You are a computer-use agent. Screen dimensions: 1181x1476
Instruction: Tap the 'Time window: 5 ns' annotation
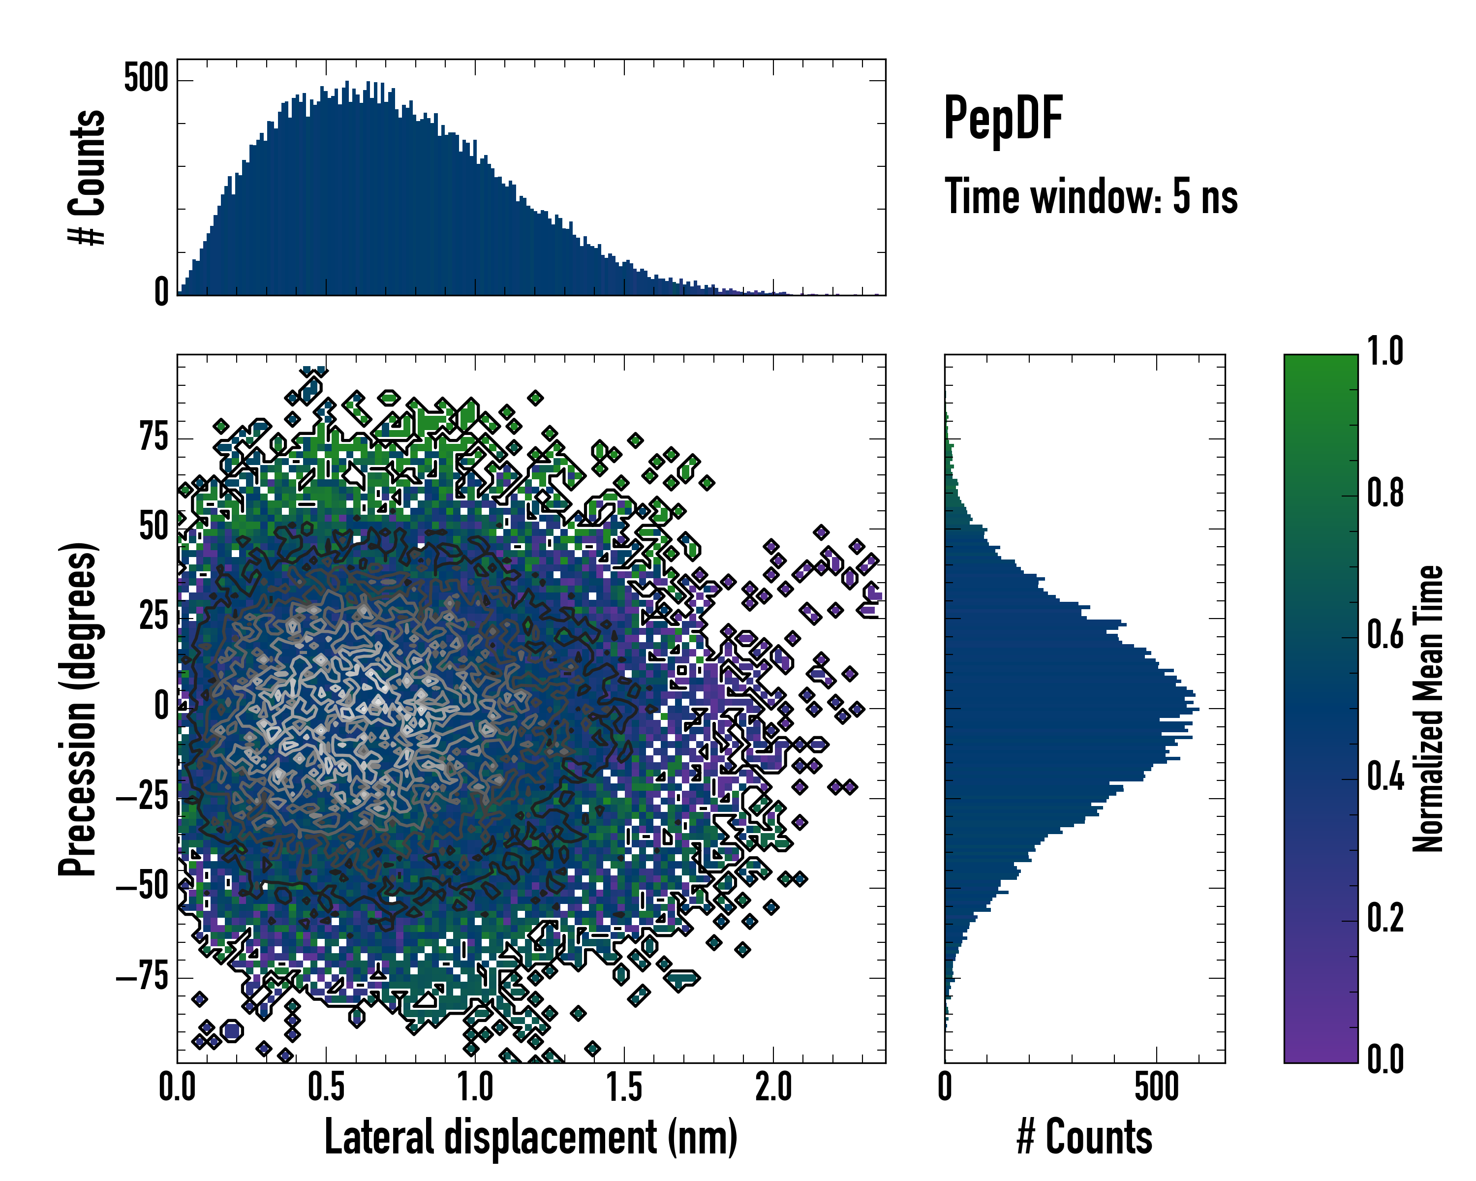tap(1091, 196)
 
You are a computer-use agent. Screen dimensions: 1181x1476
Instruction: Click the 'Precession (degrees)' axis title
tap(77, 709)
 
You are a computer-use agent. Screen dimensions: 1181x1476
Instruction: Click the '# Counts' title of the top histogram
tap(87, 177)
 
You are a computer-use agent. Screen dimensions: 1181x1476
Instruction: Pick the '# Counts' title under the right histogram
tap(1084, 1137)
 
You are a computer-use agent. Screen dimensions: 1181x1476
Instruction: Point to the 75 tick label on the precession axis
tap(154, 437)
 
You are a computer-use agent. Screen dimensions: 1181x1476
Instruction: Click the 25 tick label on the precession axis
tap(154, 616)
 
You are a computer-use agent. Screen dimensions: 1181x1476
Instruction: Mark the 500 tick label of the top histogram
tap(146, 79)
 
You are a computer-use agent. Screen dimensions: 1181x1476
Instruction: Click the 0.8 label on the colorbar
tap(1385, 495)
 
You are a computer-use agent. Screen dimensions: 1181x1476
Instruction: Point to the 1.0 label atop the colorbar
tap(1385, 352)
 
